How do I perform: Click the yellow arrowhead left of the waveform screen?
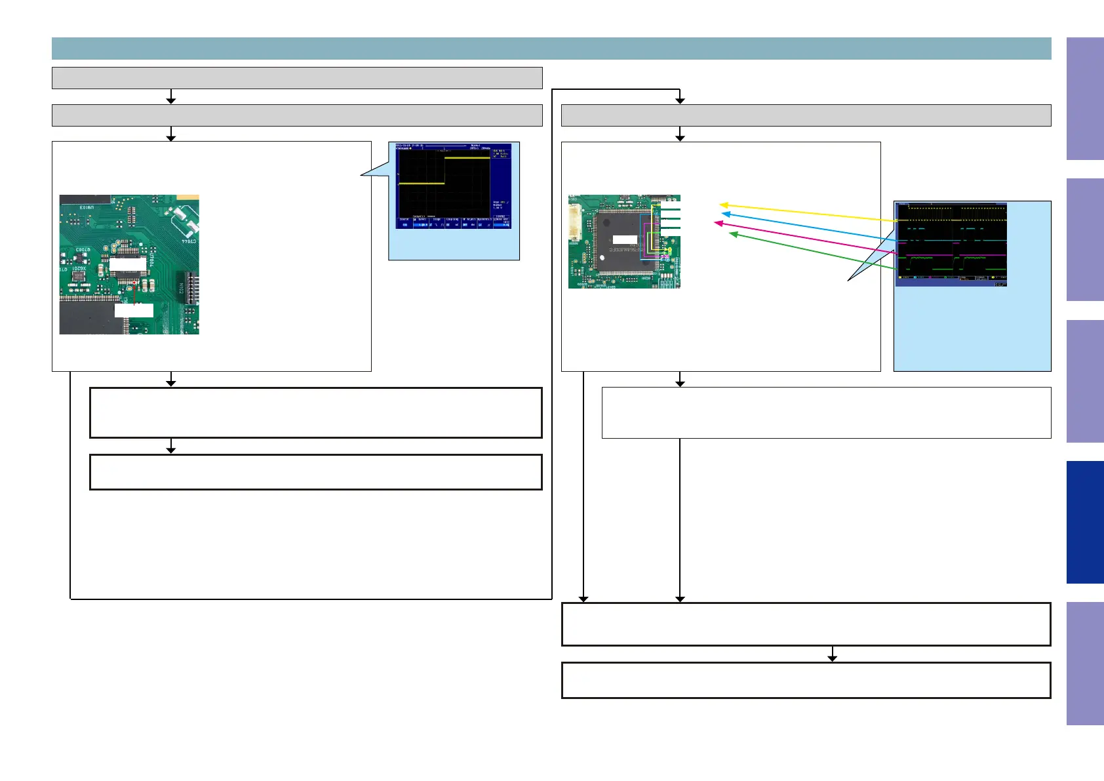[723, 205]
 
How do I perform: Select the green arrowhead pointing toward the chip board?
[733, 233]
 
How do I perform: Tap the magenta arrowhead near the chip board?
[718, 224]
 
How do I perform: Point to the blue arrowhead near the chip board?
[725, 213]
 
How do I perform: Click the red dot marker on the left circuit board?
[134, 283]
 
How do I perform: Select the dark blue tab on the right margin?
[1084, 522]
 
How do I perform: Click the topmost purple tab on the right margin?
[1084, 98]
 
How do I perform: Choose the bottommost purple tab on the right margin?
[1084, 663]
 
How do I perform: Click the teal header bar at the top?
[551, 49]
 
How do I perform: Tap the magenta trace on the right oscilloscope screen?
[951, 254]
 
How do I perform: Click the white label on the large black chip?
[624, 240]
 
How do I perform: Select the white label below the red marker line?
[134, 310]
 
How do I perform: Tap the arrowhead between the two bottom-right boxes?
[832, 658]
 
